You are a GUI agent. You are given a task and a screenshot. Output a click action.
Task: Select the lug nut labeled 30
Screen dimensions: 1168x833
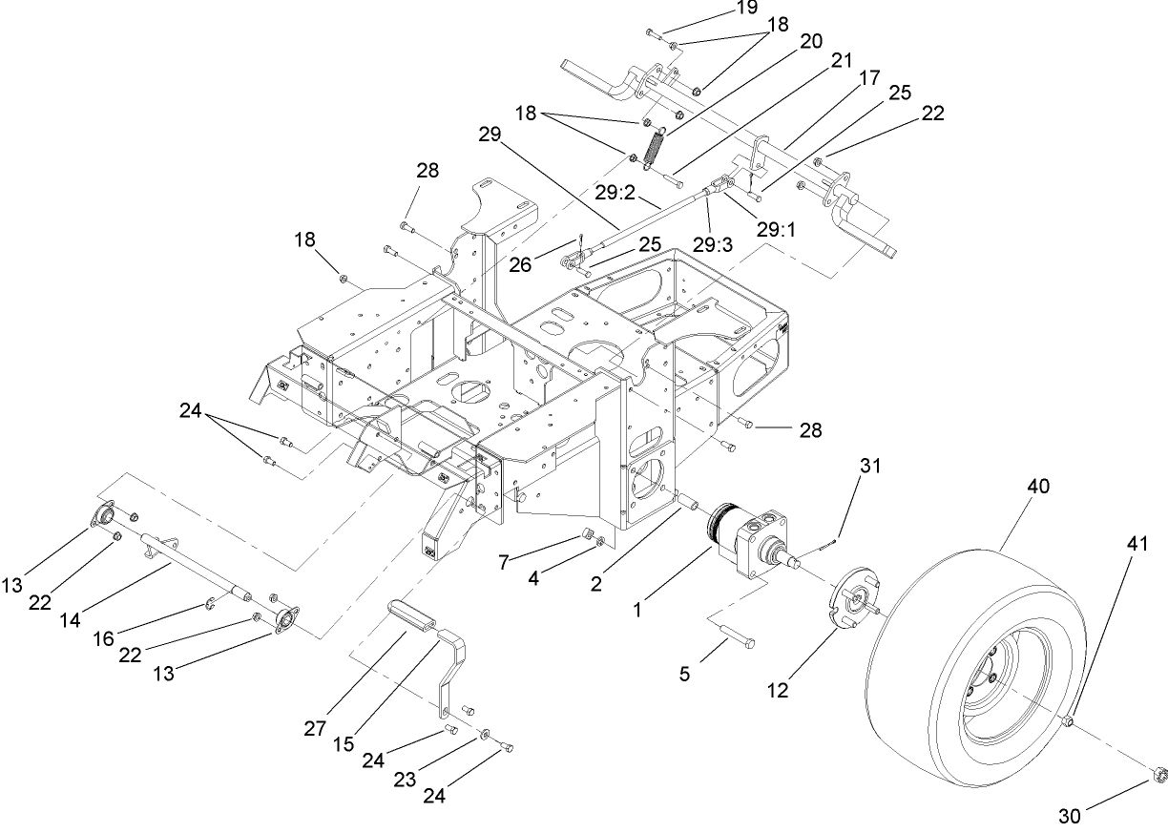coord(1158,773)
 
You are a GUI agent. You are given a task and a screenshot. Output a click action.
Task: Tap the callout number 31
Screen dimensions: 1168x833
coord(868,467)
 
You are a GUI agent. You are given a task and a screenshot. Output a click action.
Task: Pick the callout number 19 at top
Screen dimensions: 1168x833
coord(746,8)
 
